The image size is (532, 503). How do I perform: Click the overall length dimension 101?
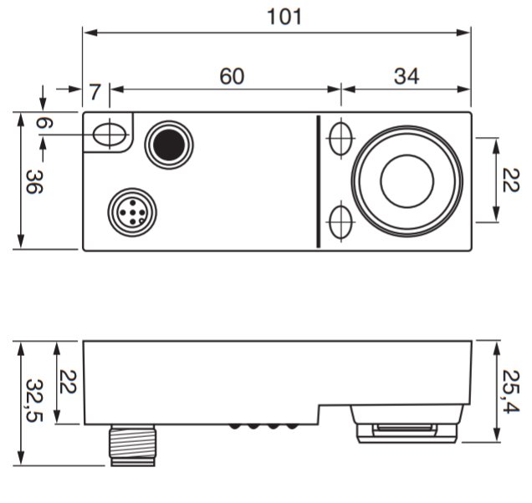(284, 17)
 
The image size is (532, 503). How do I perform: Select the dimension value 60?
(232, 76)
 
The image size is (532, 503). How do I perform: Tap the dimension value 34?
(407, 76)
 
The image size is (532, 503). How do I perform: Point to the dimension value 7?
(95, 92)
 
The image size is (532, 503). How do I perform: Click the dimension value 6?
(44, 123)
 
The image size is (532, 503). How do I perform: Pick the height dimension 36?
(34, 181)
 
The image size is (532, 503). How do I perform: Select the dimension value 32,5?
(34, 400)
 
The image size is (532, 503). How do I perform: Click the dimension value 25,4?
(510, 392)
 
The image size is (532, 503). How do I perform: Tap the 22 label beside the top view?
(510, 180)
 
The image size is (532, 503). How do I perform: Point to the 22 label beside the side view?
(68, 382)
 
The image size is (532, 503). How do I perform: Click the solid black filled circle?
(169, 145)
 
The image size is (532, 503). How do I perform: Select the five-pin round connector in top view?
(132, 212)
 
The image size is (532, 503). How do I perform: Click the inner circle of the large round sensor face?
(407, 181)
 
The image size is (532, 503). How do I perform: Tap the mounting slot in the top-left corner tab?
(110, 135)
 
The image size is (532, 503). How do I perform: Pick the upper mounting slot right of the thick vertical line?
(340, 139)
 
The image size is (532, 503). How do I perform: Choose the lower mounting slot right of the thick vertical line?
(340, 222)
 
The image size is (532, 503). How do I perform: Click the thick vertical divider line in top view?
(318, 181)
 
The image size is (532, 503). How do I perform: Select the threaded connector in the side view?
(133, 445)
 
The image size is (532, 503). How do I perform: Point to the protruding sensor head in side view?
(407, 424)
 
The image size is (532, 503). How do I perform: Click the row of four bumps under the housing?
(263, 426)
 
